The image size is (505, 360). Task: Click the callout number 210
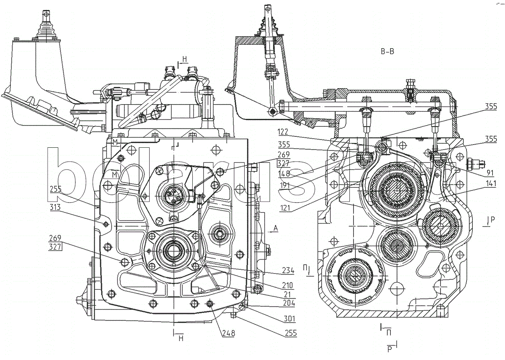point(288,285)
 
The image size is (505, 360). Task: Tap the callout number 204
point(288,303)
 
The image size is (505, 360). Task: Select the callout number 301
point(288,320)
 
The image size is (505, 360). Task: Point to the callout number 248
point(228,333)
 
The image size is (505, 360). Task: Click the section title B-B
point(387,52)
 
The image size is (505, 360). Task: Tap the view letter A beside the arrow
point(275,229)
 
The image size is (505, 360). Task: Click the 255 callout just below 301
point(288,333)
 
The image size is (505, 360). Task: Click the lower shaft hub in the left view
point(171,252)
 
